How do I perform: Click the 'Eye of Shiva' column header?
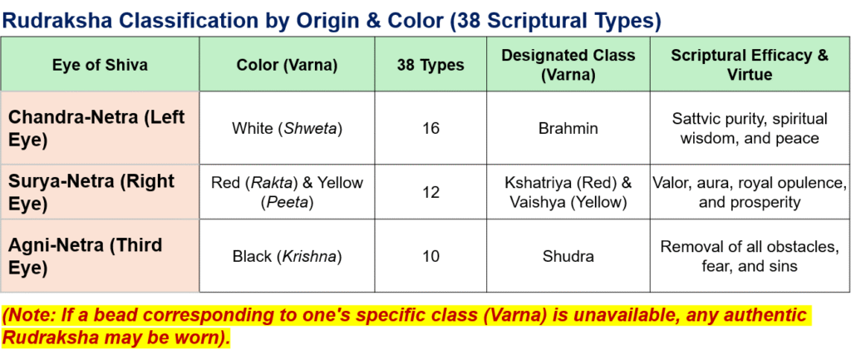point(100,65)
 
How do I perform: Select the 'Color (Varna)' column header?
point(287,65)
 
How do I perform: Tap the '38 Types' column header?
point(430,65)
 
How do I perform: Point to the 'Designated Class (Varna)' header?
point(568,65)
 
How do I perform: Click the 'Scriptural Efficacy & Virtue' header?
point(750,65)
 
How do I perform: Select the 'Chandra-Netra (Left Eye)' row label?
point(97,127)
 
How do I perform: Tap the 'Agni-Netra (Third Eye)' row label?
point(86,255)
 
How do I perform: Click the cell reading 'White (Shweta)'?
point(287,129)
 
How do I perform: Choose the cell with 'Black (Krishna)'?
point(287,256)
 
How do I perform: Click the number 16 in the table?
point(430,129)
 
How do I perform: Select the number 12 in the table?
point(430,192)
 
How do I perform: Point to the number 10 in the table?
point(430,256)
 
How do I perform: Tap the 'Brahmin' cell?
point(568,129)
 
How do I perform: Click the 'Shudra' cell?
point(568,256)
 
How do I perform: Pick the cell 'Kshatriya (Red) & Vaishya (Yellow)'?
point(568,192)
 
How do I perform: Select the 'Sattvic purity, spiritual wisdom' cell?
point(750,128)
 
